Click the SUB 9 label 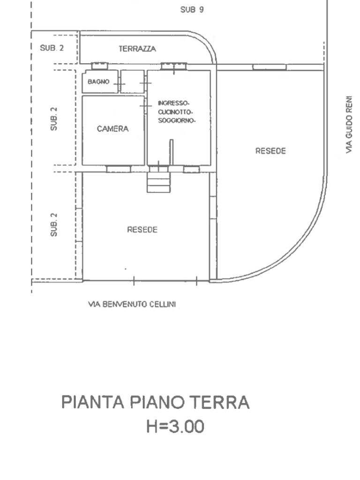[192, 9]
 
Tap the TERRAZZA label [137, 49]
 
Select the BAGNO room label [98, 82]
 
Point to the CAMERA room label [112, 129]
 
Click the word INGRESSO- [173, 103]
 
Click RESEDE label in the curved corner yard [270, 151]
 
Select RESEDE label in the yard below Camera [142, 230]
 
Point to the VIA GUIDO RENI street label [348, 125]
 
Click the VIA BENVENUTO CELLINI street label [132, 304]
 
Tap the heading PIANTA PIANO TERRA [155, 403]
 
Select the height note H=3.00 [175, 427]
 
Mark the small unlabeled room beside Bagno [132, 82]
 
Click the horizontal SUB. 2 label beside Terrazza [52, 48]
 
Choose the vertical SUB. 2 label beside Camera [54, 119]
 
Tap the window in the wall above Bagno [99, 66]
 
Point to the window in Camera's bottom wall [118, 169]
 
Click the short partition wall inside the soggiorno [172, 152]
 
